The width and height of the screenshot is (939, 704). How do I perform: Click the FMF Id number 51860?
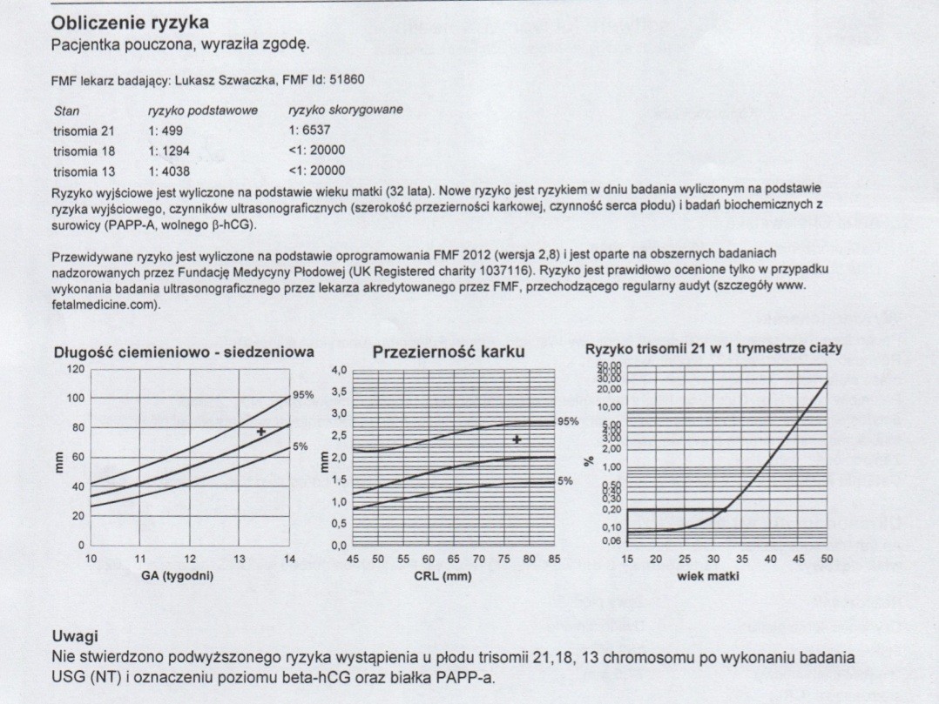(x=347, y=80)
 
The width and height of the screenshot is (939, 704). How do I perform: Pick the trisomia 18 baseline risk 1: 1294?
(x=169, y=151)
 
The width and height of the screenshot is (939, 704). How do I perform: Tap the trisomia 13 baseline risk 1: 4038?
(x=169, y=171)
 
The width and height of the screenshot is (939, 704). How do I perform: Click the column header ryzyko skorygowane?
(x=345, y=111)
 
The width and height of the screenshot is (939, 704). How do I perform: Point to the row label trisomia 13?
(x=84, y=171)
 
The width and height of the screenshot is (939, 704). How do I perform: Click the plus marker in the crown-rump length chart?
(x=260, y=432)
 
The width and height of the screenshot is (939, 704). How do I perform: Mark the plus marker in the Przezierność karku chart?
(x=517, y=439)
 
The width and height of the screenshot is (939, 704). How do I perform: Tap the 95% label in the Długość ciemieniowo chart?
(x=302, y=394)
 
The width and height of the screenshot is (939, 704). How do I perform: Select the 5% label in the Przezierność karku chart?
(x=565, y=480)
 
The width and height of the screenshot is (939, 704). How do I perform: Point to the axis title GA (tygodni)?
(x=178, y=575)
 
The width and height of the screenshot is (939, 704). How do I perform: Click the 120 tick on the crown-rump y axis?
(x=77, y=369)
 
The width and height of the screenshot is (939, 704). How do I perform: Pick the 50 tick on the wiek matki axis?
(x=827, y=559)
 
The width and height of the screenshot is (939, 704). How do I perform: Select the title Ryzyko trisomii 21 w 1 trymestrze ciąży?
(x=713, y=348)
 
